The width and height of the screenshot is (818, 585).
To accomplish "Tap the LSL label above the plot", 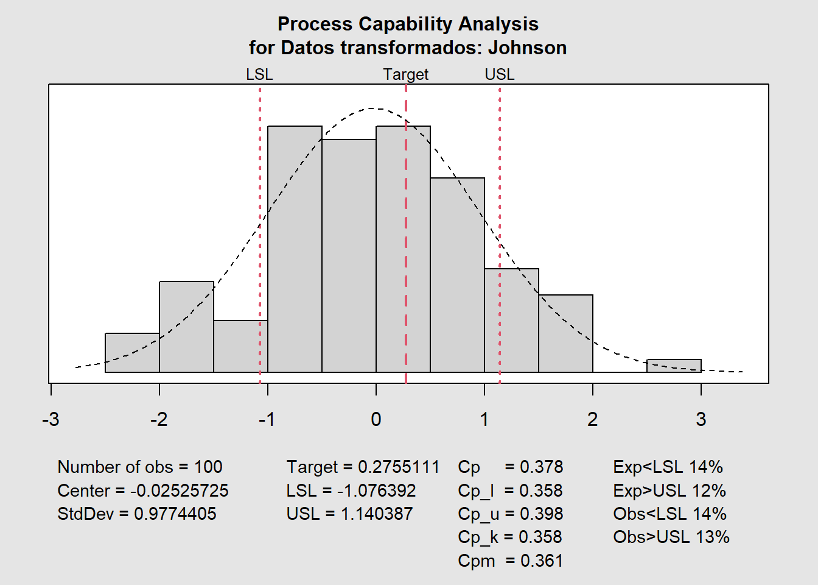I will click(259, 74).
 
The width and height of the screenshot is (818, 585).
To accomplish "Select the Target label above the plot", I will click(405, 74).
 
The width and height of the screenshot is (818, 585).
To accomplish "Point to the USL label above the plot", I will click(500, 74).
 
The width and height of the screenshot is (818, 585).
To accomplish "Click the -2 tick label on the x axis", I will click(159, 419).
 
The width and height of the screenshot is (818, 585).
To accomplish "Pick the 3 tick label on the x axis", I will click(701, 419).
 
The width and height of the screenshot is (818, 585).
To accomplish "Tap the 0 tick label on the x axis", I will click(376, 419).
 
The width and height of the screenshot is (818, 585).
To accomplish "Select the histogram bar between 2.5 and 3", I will click(674, 366).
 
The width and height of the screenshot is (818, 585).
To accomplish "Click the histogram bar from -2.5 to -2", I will click(132, 353).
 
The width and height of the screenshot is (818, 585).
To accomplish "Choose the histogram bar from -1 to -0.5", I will click(295, 250).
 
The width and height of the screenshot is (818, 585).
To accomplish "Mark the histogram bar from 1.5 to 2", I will click(565, 333).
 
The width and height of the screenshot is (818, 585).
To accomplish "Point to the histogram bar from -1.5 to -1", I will click(240, 346).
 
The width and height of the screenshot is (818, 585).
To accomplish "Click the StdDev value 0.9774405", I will click(175, 514).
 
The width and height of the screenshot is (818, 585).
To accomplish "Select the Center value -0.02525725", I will click(180, 491).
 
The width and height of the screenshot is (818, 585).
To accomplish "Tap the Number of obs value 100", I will click(208, 467).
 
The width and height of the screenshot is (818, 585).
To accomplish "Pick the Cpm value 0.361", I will click(542, 561).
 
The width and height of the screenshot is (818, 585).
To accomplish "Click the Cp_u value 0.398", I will click(541, 514).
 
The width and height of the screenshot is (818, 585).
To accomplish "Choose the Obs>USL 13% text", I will click(671, 537).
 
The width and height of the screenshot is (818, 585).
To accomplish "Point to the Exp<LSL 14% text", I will click(668, 467).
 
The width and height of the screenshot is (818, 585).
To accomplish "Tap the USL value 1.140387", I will click(377, 514).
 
